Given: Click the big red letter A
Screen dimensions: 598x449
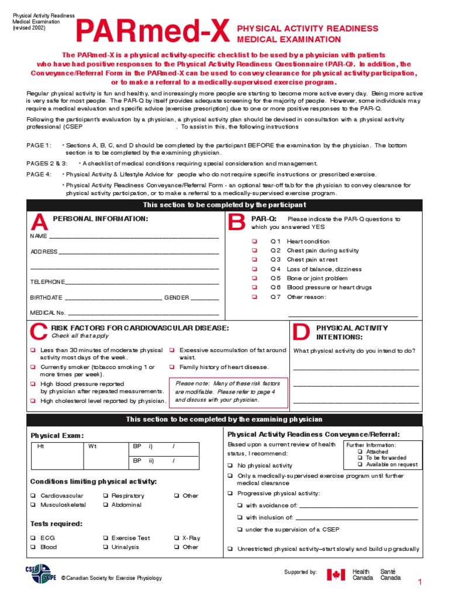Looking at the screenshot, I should pyautogui.click(x=39, y=222).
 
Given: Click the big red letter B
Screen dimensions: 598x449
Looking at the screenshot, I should pyautogui.click(x=237, y=222).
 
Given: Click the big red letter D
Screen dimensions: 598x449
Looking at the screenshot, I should pyautogui.click(x=300, y=332).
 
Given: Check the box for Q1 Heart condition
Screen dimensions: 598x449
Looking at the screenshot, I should pyautogui.click(x=254, y=241).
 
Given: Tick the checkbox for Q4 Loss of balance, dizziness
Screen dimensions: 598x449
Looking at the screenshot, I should pyautogui.click(x=254, y=269).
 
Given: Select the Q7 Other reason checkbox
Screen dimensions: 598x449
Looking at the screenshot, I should pyautogui.click(x=254, y=297).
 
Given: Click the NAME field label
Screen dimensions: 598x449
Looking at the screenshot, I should pyautogui.click(x=39, y=237).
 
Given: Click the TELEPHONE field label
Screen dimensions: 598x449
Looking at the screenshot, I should pyautogui.click(x=47, y=281).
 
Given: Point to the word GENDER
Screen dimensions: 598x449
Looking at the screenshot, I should pyautogui.click(x=177, y=297).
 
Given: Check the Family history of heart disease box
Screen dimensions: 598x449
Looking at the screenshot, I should pyautogui.click(x=172, y=367).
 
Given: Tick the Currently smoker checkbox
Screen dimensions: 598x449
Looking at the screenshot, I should pyautogui.click(x=33, y=367).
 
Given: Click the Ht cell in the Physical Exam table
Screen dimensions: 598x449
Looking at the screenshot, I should pyautogui.click(x=41, y=447).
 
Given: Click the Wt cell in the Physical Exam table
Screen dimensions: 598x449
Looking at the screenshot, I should pyautogui.click(x=92, y=447).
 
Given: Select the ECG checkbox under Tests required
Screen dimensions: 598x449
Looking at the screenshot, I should pyautogui.click(x=33, y=538).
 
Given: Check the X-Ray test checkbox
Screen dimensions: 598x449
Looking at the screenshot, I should pyautogui.click(x=176, y=538).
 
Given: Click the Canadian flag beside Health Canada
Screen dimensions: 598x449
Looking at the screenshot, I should pyautogui.click(x=336, y=575).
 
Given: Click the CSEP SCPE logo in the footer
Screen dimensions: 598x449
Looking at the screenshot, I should pyautogui.click(x=38, y=573).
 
